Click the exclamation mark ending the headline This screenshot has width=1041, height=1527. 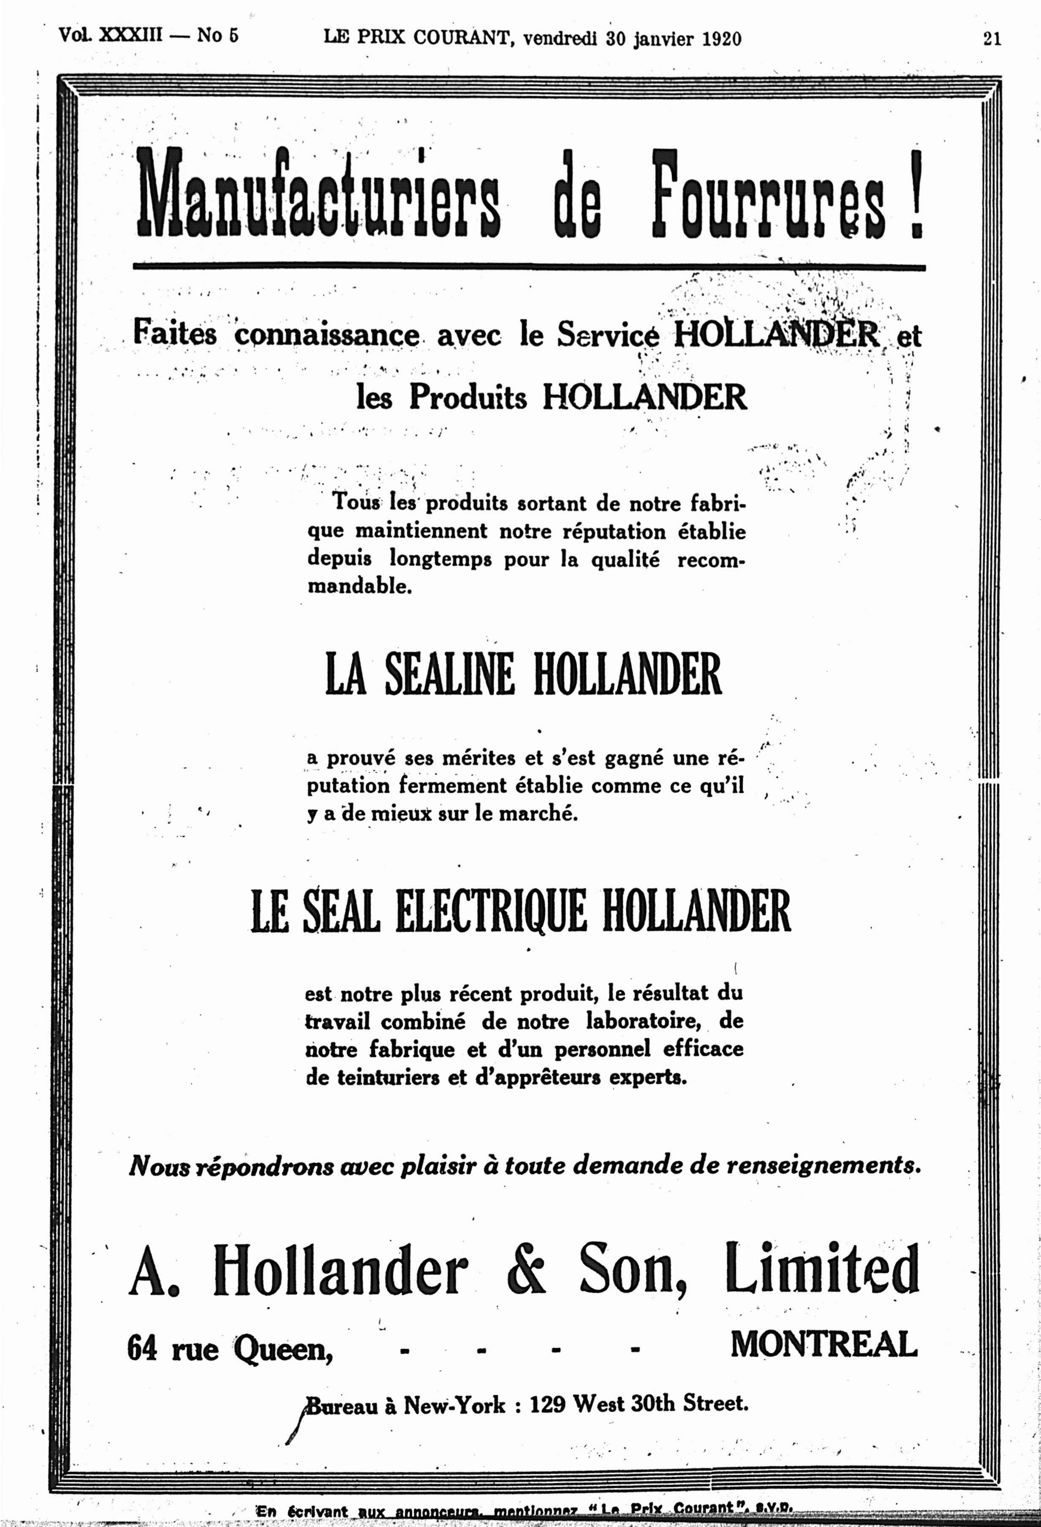tap(917, 194)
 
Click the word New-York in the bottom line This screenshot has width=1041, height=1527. tap(454, 1405)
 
